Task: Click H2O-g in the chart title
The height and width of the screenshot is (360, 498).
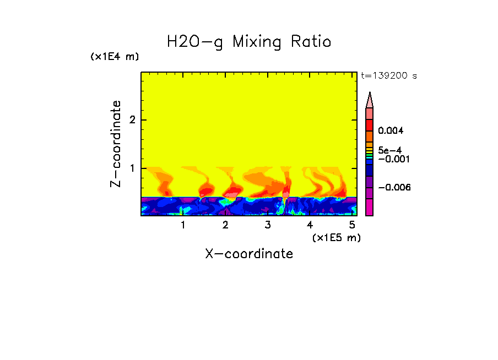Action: pos(194,42)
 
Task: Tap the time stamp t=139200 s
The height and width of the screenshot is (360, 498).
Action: pos(388,76)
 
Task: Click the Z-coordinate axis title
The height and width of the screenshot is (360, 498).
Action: pos(116,144)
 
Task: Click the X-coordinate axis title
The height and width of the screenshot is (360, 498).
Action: pos(249,254)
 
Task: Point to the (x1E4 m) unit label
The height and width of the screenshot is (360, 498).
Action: pos(115,57)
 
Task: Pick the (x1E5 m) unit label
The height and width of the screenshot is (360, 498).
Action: pos(336,237)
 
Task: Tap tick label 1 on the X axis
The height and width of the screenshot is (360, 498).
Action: pos(183,225)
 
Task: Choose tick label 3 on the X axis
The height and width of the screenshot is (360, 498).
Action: pos(268,225)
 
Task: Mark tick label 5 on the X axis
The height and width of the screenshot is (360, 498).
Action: pos(352,225)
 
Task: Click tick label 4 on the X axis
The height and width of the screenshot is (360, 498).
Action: pos(310,225)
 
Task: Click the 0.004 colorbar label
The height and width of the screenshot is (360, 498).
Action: pos(391,131)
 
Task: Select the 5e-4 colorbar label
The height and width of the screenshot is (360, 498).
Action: pos(389,150)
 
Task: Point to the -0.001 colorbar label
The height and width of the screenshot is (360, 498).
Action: pos(391,159)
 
